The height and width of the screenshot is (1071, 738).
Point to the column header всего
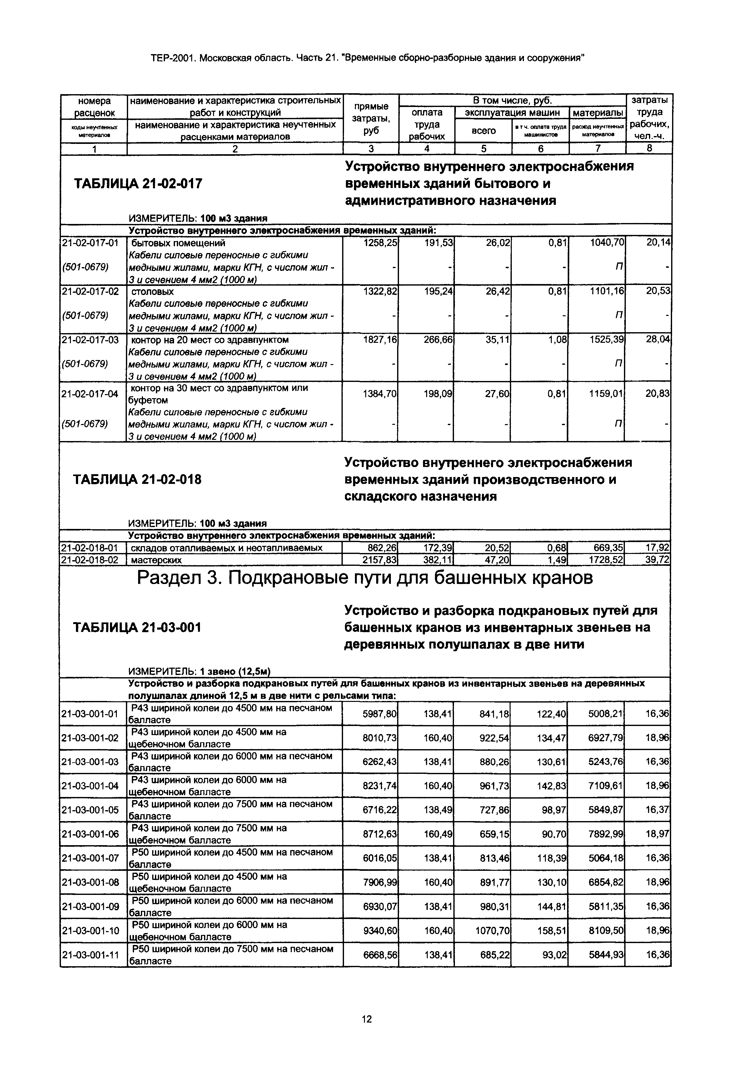pos(484,131)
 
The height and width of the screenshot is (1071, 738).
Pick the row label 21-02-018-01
pos(90,548)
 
